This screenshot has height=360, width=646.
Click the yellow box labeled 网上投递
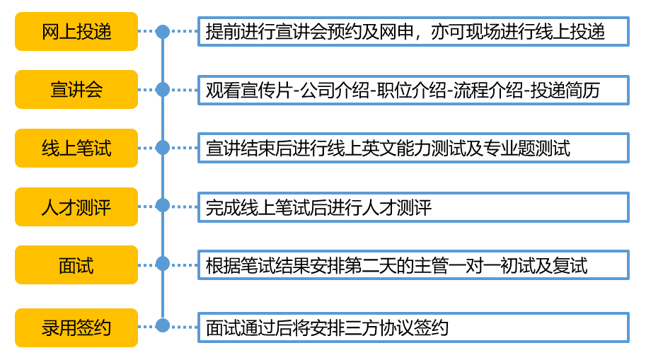pos(76,31)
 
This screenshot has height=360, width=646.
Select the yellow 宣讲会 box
pos(76,89)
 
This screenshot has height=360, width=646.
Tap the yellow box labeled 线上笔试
pos(76,148)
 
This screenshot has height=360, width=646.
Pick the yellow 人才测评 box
pos(76,207)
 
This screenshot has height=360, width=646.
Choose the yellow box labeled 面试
pos(76,265)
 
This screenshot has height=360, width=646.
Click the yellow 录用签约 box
pos(76,327)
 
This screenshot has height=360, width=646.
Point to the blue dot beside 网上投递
pos(163,31)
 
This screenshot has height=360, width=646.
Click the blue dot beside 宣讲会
pos(163,89)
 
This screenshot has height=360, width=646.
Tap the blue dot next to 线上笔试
pos(163,147)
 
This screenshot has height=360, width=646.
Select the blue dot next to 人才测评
pos(163,206)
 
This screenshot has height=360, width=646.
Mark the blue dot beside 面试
pos(163,264)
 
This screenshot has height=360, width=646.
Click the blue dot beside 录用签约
pos(163,325)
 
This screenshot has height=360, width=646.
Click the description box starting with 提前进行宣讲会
pos(413,31)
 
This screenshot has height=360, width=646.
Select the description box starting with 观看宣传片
pos(413,91)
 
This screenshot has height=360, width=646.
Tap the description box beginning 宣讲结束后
pos(413,148)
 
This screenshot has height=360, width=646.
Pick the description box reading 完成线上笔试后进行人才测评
pos(413,207)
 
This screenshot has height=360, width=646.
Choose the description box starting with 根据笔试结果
pos(413,265)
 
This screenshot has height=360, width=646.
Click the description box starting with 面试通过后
pos(413,327)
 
